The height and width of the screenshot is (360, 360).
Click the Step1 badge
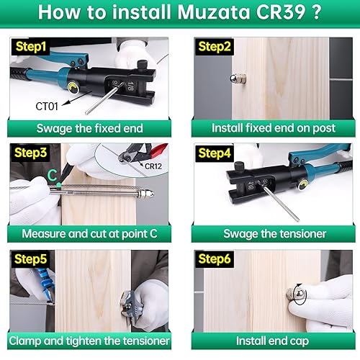tap(29, 46)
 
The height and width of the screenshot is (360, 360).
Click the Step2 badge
tap(213, 46)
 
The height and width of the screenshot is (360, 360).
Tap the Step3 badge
tap(29, 153)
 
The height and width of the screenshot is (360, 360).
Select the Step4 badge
tap(213, 153)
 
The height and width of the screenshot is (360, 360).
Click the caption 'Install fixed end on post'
tap(272, 128)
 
